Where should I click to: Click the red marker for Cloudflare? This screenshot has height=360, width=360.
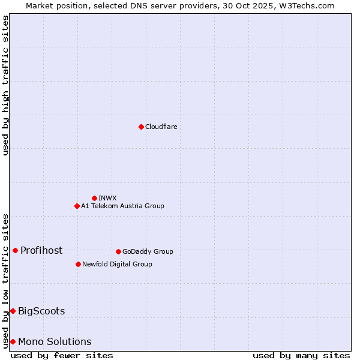[x=141, y=127]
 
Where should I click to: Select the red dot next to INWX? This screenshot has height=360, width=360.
[x=94, y=198]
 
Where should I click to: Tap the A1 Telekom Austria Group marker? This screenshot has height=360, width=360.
[x=77, y=206]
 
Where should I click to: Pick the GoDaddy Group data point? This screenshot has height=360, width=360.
[x=118, y=251]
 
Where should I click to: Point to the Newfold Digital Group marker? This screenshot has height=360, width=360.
[x=78, y=264]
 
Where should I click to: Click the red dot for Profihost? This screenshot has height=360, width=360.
[x=15, y=250]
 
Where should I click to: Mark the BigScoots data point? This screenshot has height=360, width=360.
[x=13, y=311]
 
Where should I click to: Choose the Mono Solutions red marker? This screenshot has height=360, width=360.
[x=13, y=341]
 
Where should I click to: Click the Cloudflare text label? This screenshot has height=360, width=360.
[x=161, y=127]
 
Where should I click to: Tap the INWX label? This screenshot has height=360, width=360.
[x=107, y=198]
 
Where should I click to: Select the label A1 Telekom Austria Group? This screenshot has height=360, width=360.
[x=122, y=206]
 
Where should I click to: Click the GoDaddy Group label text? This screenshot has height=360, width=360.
[x=148, y=251]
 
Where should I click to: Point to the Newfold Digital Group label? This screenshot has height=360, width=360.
[x=117, y=264]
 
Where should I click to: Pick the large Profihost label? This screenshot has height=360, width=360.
[x=41, y=250]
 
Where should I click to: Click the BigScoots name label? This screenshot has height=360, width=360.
[x=41, y=311]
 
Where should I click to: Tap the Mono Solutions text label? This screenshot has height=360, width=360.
[x=55, y=341]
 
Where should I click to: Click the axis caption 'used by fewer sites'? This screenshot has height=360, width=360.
[x=62, y=355]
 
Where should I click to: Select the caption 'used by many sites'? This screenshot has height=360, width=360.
[x=301, y=355]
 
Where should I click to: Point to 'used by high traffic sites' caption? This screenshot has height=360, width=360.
[x=6, y=85]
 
